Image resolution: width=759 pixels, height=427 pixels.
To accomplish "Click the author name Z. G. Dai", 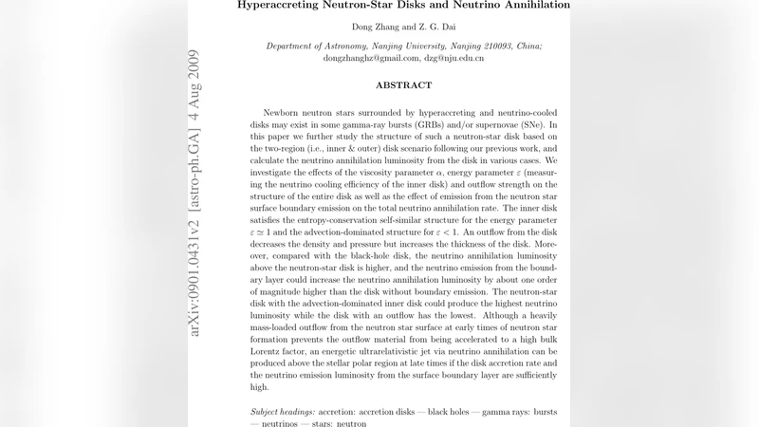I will pos(424,28).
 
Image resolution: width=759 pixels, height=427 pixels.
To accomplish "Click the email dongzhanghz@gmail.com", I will pos(354,58).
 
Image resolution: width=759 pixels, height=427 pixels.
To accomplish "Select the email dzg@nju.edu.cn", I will pos(454,58).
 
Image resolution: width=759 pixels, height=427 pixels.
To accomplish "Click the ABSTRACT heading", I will pos(403,85).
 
